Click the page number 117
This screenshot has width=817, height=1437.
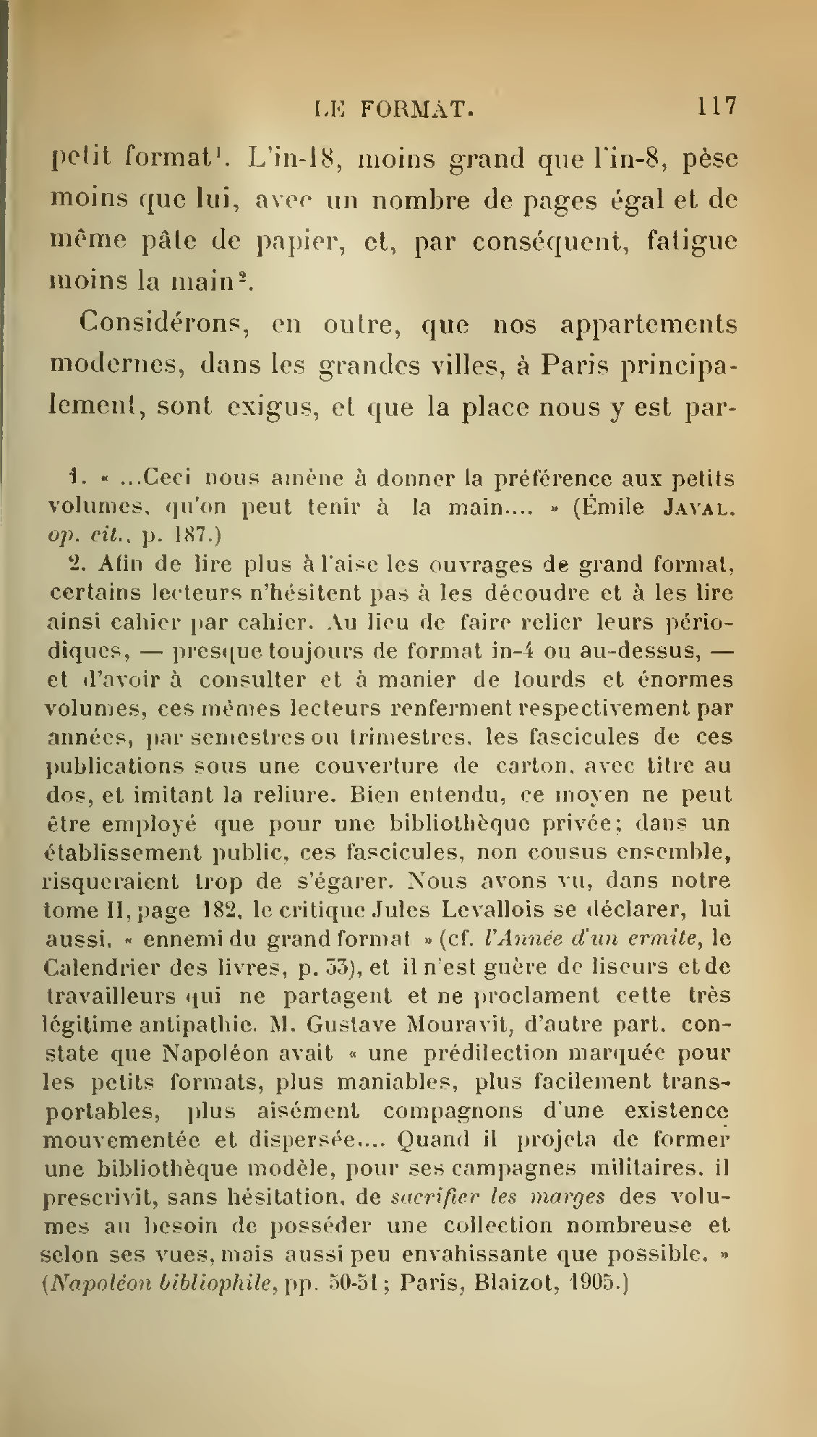(716, 106)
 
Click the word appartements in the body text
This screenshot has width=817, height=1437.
(649, 326)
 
